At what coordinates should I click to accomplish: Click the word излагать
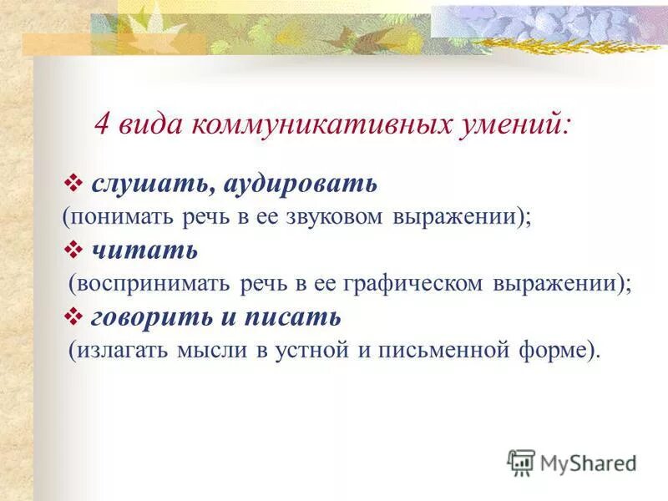coord(124,350)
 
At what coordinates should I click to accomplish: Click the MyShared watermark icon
coord(521,463)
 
